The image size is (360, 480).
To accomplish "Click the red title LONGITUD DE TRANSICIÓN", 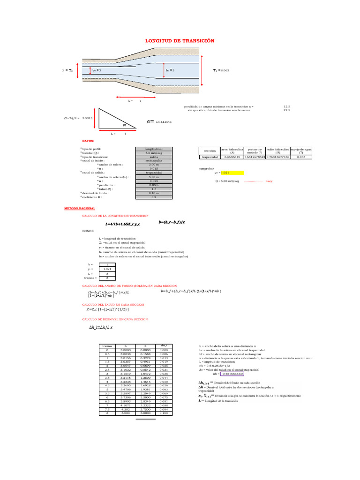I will pos(180,41).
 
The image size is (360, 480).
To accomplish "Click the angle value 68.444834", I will pos(164,122).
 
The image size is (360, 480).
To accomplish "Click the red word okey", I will pos(269,180).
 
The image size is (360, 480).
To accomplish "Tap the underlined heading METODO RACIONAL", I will pos(80,208).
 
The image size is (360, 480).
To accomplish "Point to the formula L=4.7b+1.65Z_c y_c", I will pos(120,224).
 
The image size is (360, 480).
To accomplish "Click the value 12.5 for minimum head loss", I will pos(287,106).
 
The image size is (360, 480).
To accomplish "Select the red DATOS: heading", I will pos(88,140).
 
